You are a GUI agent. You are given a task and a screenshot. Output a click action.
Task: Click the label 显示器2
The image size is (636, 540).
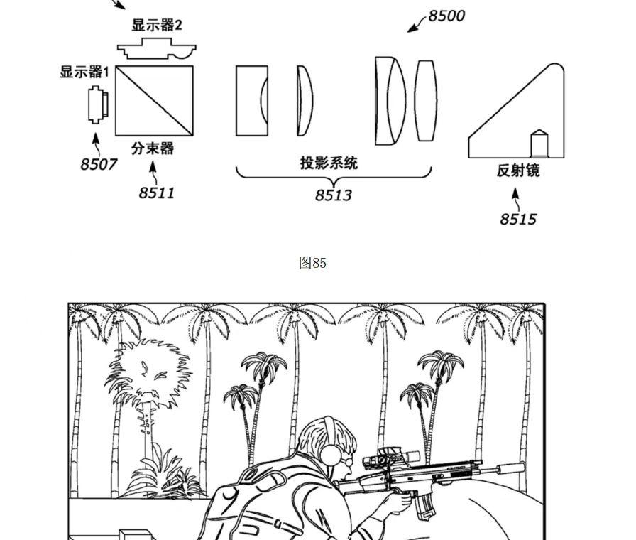(x=156, y=26)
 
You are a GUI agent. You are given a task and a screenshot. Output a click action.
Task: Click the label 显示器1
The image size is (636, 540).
(x=84, y=72)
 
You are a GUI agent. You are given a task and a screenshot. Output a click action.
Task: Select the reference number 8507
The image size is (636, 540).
(x=98, y=164)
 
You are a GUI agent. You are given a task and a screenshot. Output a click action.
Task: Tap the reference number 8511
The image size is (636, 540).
(x=156, y=193)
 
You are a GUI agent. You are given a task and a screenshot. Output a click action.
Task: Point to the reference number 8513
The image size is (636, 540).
(x=333, y=195)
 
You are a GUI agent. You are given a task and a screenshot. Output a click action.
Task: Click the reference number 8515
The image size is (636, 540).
(x=517, y=219)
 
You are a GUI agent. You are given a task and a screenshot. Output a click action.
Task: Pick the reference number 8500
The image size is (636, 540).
(x=446, y=16)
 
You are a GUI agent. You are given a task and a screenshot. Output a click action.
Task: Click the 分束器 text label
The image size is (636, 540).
(x=153, y=148)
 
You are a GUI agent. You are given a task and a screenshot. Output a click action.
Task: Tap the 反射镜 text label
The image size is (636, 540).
(x=518, y=171)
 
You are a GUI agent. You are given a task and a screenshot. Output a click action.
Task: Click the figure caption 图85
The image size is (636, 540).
(x=312, y=263)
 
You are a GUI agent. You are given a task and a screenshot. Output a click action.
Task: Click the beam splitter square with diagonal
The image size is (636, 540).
(x=154, y=100)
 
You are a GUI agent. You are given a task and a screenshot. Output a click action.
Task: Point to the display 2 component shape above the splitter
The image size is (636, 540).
(x=156, y=50)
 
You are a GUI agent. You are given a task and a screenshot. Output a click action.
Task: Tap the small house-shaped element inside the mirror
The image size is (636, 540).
(x=540, y=144)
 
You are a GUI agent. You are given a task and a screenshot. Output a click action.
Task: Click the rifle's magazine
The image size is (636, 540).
(x=425, y=504)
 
